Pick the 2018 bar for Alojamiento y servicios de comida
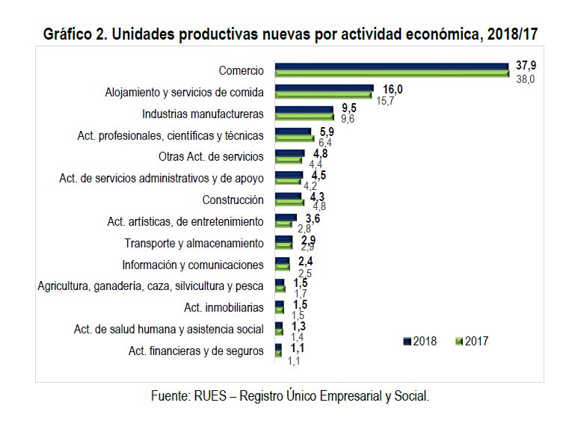(324, 89)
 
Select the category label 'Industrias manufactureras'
(203, 114)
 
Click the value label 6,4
(325, 142)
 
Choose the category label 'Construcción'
(233, 200)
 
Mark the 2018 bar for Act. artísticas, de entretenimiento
(286, 218)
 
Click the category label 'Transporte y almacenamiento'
(194, 244)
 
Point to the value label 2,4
(305, 261)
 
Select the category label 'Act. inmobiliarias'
(224, 307)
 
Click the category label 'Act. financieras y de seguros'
(195, 351)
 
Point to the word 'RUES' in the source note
(212, 396)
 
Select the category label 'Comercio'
(241, 71)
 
